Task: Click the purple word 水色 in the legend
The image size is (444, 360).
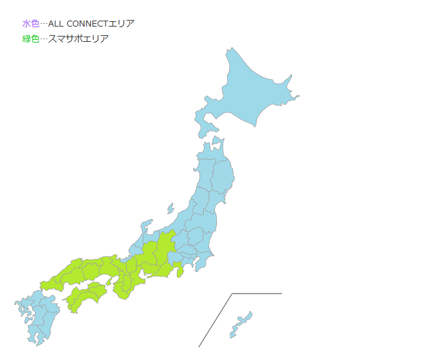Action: click(31, 24)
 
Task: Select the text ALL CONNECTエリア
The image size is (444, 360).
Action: click(91, 24)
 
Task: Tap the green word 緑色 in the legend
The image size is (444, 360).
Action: click(31, 39)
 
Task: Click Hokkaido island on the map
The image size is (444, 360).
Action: click(252, 93)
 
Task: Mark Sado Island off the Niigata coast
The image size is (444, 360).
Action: click(171, 209)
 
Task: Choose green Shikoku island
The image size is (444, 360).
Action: click(86, 295)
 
